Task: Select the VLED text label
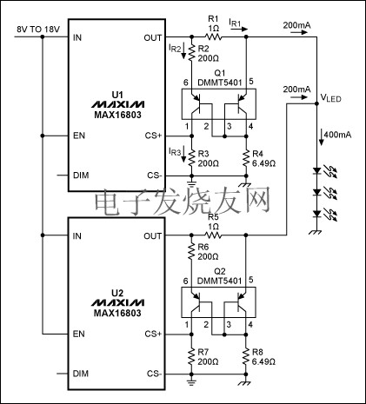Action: pyautogui.click(x=332, y=100)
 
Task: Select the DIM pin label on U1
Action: pyautogui.click(x=81, y=175)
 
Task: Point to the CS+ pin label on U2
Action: pyautogui.click(x=153, y=334)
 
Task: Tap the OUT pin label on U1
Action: pyautogui.click(x=151, y=38)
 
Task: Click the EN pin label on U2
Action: pyautogui.click(x=79, y=334)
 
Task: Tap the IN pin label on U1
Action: pyautogui.click(x=77, y=38)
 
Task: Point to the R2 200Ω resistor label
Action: pyautogui.click(x=207, y=55)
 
